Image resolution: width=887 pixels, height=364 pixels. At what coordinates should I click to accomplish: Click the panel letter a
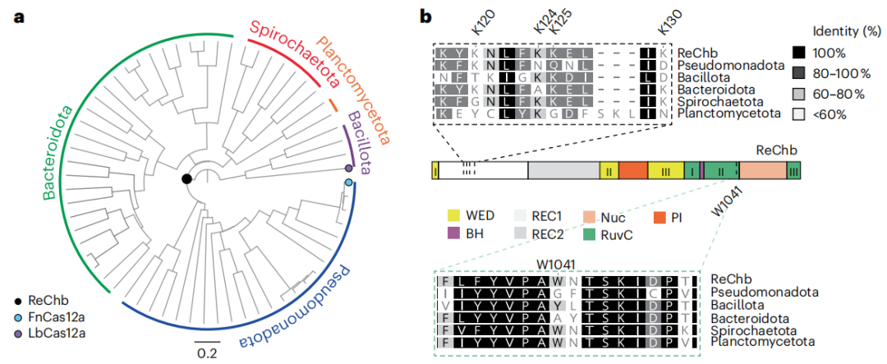[x=16, y=16]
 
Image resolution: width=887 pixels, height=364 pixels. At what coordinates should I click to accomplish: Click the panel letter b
[x=427, y=16]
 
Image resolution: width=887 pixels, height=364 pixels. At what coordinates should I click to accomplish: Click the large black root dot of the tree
[x=187, y=178]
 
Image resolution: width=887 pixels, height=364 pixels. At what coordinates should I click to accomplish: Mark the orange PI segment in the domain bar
[x=633, y=170]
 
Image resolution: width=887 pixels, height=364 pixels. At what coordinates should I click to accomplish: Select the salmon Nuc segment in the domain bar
[x=761, y=170]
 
